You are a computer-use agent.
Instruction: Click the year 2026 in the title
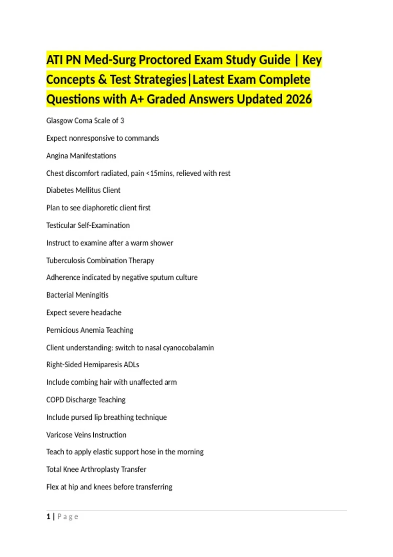299,99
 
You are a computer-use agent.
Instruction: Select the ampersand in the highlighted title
102,80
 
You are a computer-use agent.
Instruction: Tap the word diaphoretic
100,208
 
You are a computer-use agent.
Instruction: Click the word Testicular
61,225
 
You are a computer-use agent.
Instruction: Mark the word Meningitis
92,295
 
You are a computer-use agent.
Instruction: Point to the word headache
106,313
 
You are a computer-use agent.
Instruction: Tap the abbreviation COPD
55,400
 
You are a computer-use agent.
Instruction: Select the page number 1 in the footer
48,517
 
